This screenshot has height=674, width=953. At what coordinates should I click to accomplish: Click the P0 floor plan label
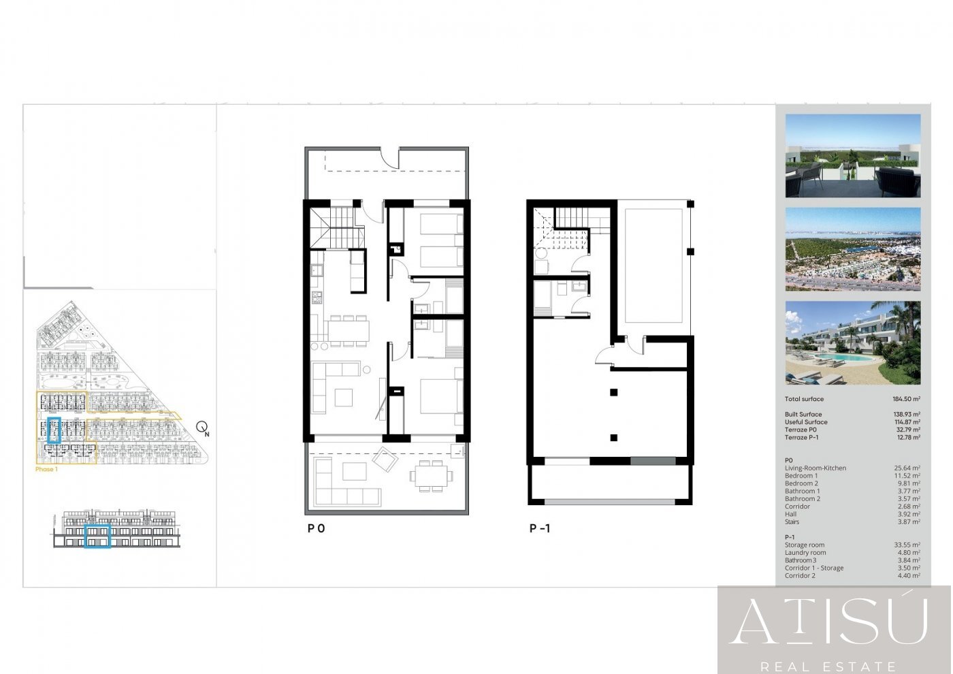pyautogui.click(x=316, y=528)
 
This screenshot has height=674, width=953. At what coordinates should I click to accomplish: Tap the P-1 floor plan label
pyautogui.click(x=540, y=528)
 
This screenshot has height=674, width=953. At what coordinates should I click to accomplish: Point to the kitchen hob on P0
pyautogui.click(x=317, y=298)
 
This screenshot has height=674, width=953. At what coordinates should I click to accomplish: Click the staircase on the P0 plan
pyautogui.click(x=334, y=228)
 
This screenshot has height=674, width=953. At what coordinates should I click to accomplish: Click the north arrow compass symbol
pyautogui.click(x=202, y=428)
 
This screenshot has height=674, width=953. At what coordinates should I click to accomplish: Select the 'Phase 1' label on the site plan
pyautogui.click(x=46, y=469)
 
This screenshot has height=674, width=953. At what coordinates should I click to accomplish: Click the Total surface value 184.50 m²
pyautogui.click(x=906, y=399)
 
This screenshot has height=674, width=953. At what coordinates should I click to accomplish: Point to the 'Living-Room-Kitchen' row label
pyautogui.click(x=815, y=468)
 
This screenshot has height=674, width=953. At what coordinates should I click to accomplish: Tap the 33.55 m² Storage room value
pyautogui.click(x=907, y=545)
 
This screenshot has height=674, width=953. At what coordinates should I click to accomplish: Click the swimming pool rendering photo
pyautogui.click(x=852, y=343)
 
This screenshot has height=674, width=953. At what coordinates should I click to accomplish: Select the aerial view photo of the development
pyautogui.click(x=852, y=250)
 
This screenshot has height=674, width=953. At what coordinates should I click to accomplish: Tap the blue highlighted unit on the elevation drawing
pyautogui.click(x=97, y=536)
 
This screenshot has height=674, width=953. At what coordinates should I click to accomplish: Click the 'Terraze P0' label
pyautogui.click(x=801, y=430)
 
